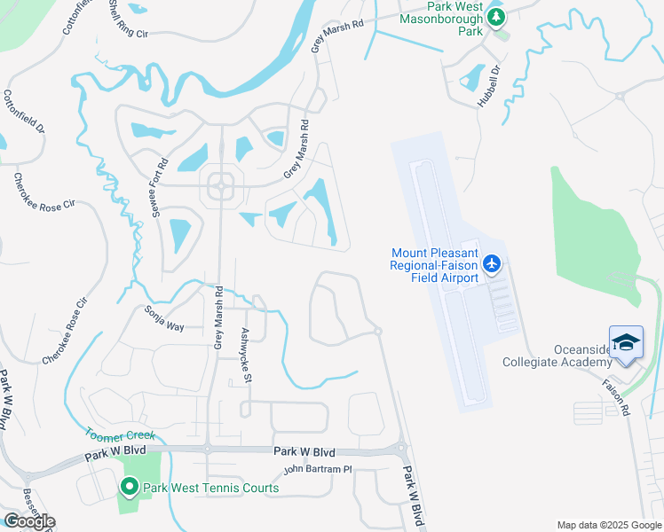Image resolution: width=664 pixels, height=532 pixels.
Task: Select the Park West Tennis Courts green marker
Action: pos(129,487)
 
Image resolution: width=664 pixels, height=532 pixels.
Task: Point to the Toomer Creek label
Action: pos(120,435)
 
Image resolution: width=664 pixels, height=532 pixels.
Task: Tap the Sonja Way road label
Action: pos(164,319)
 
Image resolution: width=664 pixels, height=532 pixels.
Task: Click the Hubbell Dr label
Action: pos(489,85)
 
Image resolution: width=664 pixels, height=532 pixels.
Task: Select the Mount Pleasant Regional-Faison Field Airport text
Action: pos(435,265)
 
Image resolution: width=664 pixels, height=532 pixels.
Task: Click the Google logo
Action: pos(28,520)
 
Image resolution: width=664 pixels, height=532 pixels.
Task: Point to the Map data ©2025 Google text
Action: pos(608,525)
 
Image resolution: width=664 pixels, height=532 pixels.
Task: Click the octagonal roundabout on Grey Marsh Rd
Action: pos(220,186)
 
